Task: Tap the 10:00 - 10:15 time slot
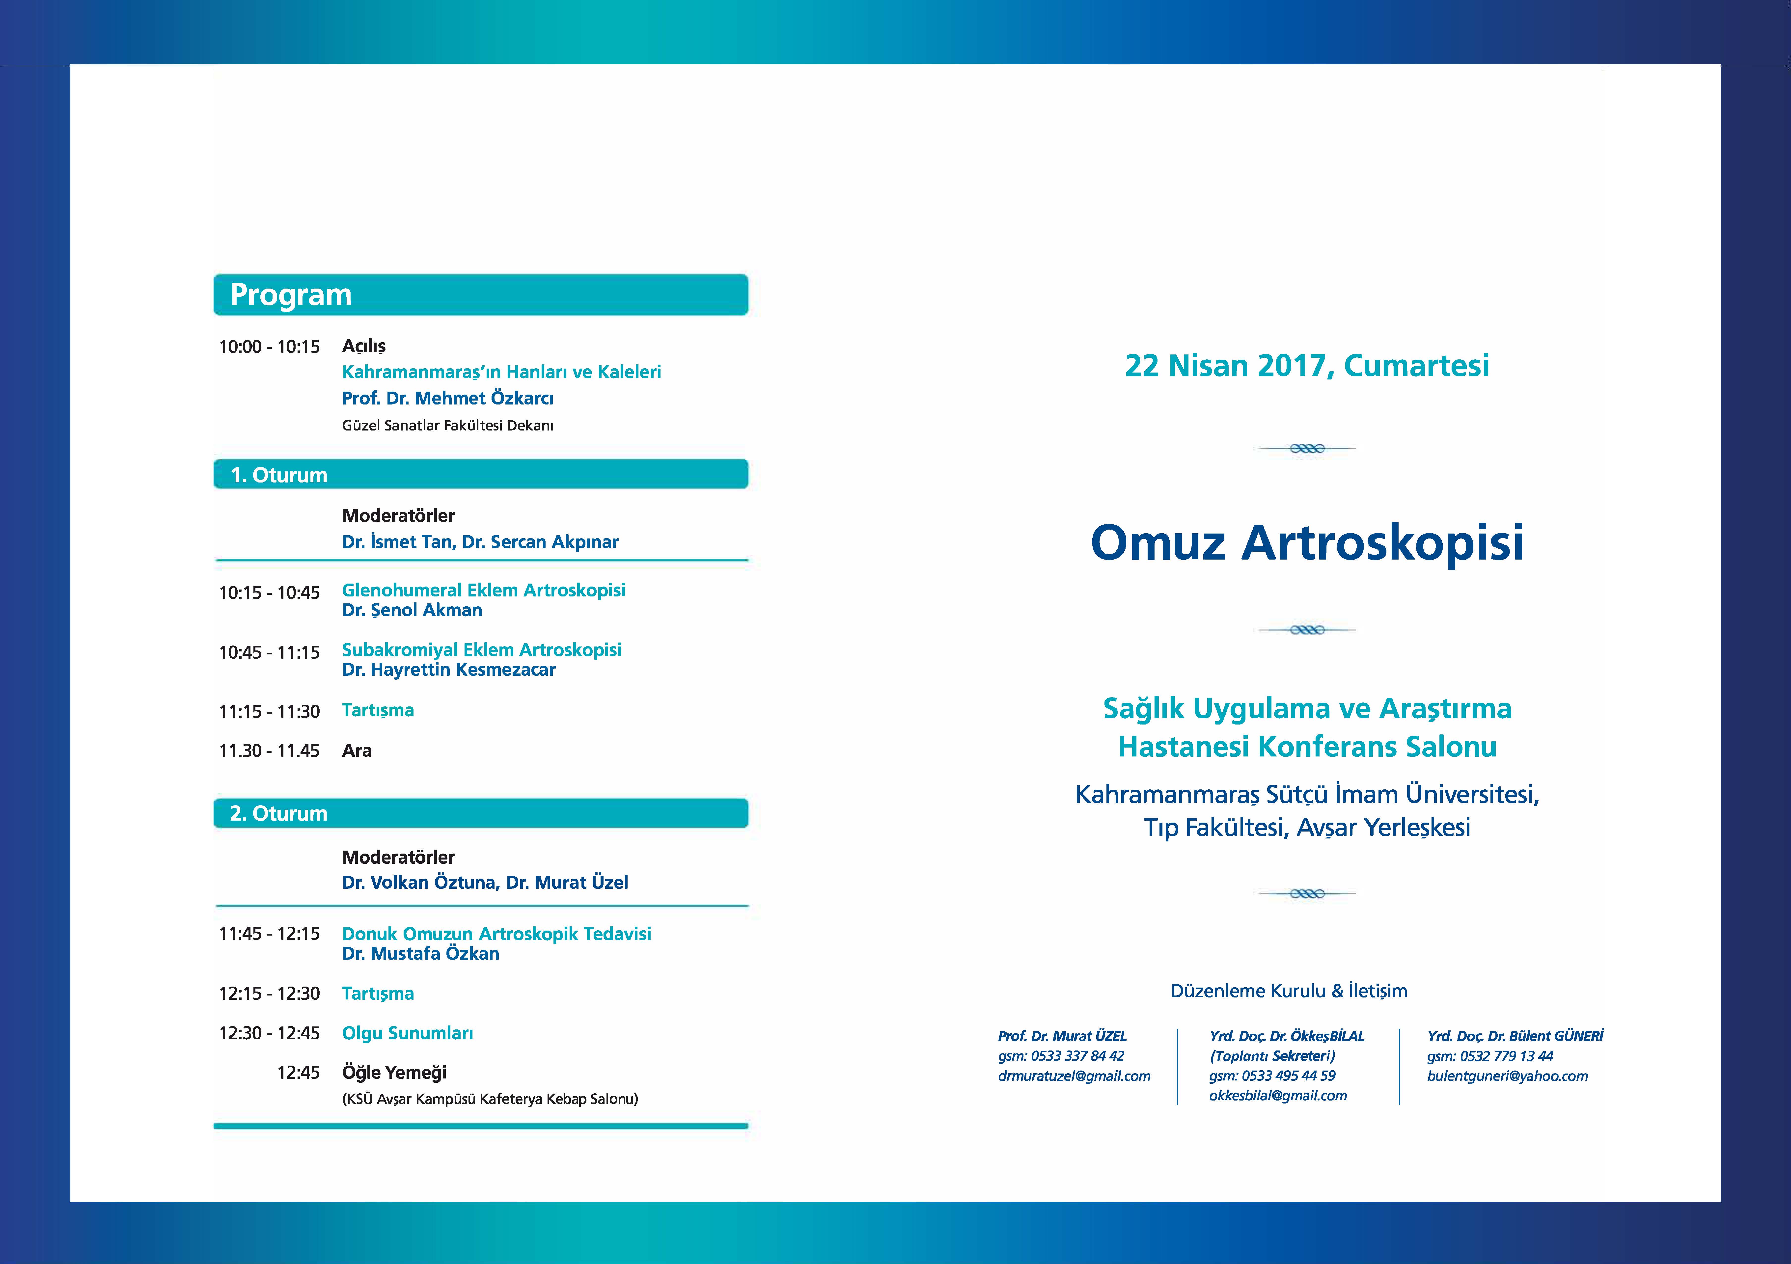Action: point(269,347)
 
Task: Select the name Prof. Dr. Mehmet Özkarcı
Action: point(448,399)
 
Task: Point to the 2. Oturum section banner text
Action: point(278,813)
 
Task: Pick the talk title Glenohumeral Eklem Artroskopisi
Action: point(484,590)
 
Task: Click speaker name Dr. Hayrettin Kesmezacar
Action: point(448,670)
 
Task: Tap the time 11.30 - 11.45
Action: point(269,751)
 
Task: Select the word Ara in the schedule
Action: point(357,751)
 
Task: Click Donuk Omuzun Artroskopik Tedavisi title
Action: point(496,934)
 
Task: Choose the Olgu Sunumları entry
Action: point(407,1033)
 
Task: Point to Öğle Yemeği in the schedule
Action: point(394,1073)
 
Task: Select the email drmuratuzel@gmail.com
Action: point(1074,1076)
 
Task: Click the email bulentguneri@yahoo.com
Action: point(1507,1076)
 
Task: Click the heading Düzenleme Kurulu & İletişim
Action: point(1289,991)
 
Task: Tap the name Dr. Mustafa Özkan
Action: point(420,954)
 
